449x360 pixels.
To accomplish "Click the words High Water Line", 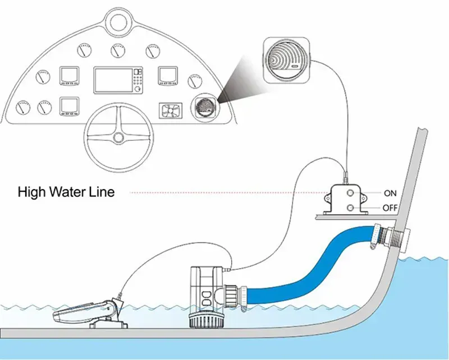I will click(x=66, y=192).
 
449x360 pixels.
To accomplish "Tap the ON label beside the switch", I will click(x=390, y=193).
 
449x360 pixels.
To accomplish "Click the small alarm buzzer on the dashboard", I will click(x=203, y=106).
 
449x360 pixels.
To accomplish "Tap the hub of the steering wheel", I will click(x=118, y=137).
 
